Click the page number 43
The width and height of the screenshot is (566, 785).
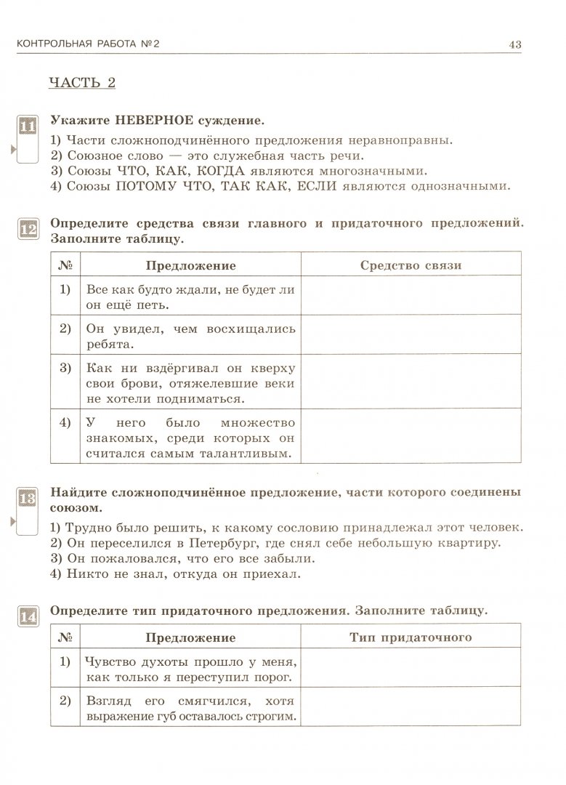[514, 44]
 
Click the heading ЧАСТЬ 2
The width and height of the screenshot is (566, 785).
[81, 82]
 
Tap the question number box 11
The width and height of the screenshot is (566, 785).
[27, 127]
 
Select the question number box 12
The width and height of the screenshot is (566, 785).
[27, 230]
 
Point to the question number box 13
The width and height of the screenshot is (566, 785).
[27, 499]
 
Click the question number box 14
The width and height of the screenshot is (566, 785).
[27, 618]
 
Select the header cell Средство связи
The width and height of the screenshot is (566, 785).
[411, 265]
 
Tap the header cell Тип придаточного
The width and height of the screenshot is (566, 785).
[411, 637]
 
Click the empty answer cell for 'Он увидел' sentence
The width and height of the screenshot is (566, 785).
[411, 334]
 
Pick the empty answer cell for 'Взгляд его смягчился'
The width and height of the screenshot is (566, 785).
[411, 706]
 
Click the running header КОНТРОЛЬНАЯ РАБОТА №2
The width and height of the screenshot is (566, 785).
[87, 44]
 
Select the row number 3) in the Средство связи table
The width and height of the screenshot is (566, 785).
[65, 368]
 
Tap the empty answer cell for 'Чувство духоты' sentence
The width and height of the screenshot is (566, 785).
[411, 667]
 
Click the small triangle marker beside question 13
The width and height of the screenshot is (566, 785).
[12, 521]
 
